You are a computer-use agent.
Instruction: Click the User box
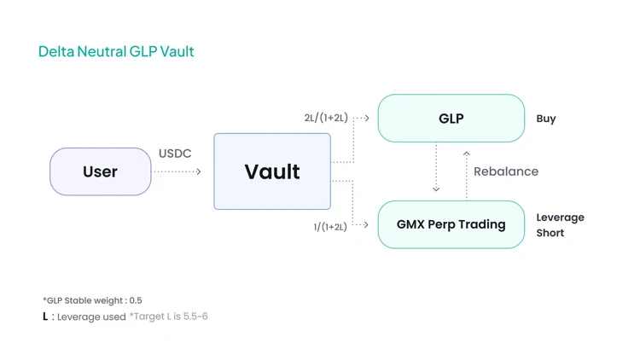pyautogui.click(x=100, y=171)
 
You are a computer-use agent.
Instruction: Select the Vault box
pyautogui.click(x=271, y=171)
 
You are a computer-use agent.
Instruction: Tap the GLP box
pyautogui.click(x=451, y=119)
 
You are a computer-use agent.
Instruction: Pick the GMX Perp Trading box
pyautogui.click(x=451, y=224)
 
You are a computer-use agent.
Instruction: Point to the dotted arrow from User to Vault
pyautogui.click(x=177, y=172)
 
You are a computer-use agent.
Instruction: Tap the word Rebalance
pyautogui.click(x=506, y=171)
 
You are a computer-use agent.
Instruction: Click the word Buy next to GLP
pyautogui.click(x=546, y=119)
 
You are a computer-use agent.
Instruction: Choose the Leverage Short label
pyautogui.click(x=560, y=225)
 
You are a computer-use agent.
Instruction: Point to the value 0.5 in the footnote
pyautogui.click(x=136, y=300)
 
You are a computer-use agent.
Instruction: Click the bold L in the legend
pyautogui.click(x=45, y=316)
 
